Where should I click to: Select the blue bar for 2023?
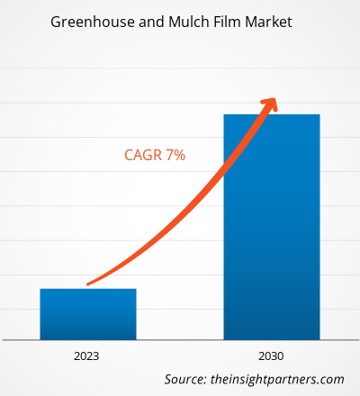coord(88,314)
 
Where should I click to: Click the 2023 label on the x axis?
coord(88,355)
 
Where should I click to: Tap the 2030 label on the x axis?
coord(271,355)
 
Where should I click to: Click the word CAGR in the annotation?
coord(142,155)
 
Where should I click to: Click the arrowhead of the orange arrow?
coord(269,101)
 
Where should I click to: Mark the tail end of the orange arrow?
coord(90,284)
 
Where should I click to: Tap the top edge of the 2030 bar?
coord(271,114)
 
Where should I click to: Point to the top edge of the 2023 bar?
coord(88,289)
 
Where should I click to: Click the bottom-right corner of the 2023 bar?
coord(136,338)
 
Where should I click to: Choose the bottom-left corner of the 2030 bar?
coord(223,338)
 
